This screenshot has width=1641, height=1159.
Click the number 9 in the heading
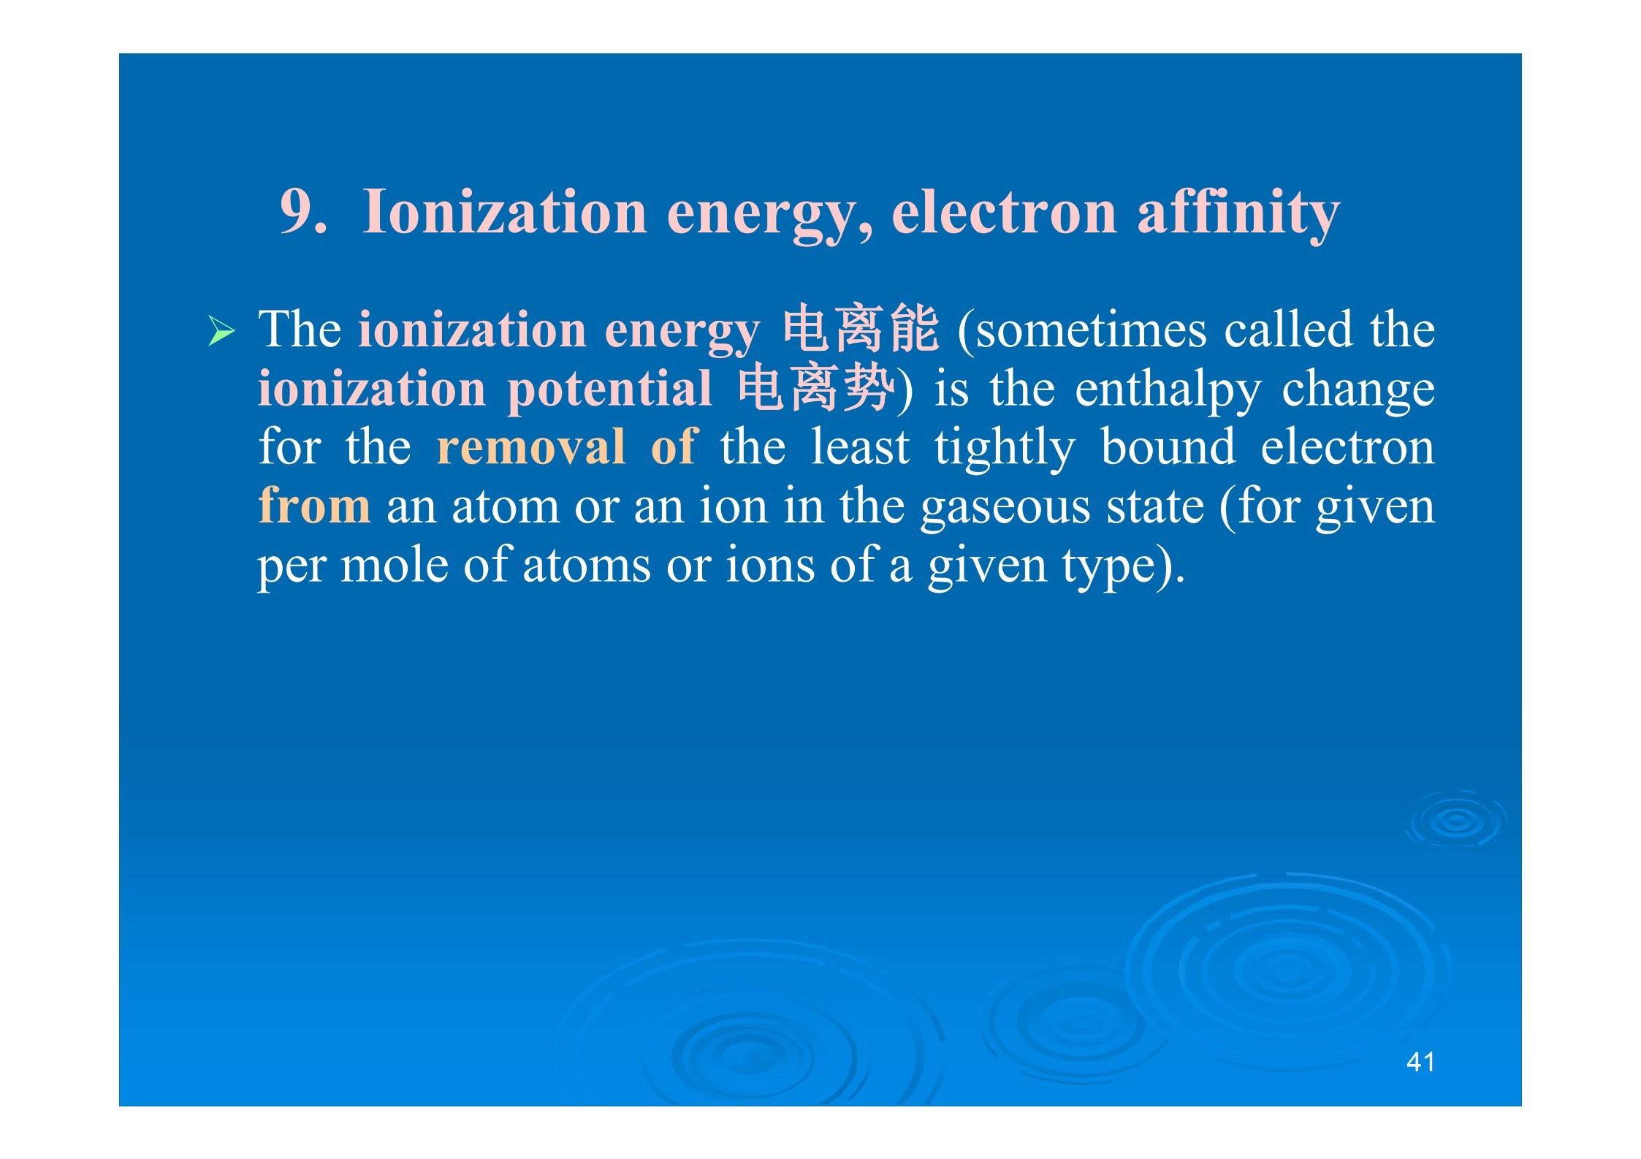[299, 212]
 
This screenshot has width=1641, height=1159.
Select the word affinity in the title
[1238, 213]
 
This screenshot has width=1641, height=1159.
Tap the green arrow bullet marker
[221, 331]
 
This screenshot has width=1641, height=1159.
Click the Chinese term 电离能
[861, 330]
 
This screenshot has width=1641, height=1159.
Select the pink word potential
[609, 390]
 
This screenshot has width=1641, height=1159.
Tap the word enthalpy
[1168, 391]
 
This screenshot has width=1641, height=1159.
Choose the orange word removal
[531, 447]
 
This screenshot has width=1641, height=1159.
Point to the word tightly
[1005, 449]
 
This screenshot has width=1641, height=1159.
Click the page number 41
[1420, 1062]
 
